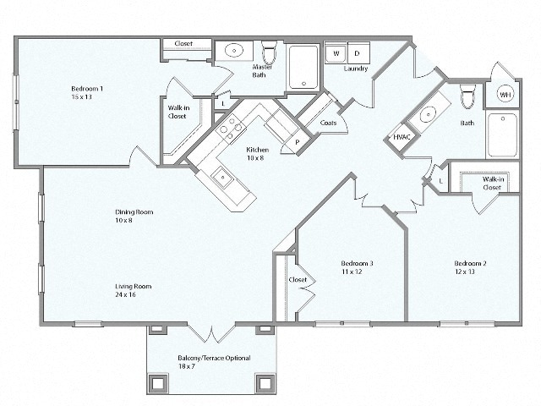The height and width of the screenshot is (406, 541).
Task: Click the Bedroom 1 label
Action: tap(87, 92)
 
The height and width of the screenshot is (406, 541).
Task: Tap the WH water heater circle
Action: tap(505, 94)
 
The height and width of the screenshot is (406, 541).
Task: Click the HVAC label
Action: tap(402, 137)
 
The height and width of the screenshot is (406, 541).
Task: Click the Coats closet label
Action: tap(329, 123)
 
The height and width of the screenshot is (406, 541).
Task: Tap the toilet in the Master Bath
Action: tap(269, 52)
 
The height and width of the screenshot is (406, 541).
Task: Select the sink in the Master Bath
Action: tap(234, 51)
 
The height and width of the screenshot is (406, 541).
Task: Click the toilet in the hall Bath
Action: tap(467, 96)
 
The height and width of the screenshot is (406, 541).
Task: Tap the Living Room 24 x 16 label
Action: tap(126, 289)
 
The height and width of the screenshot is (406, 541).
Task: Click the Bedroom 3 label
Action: tap(357, 267)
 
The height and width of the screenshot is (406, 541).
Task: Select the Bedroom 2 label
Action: tap(469, 267)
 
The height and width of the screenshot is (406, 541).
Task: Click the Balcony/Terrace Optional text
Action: tap(214, 362)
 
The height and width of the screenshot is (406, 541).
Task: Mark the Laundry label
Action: tap(356, 69)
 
